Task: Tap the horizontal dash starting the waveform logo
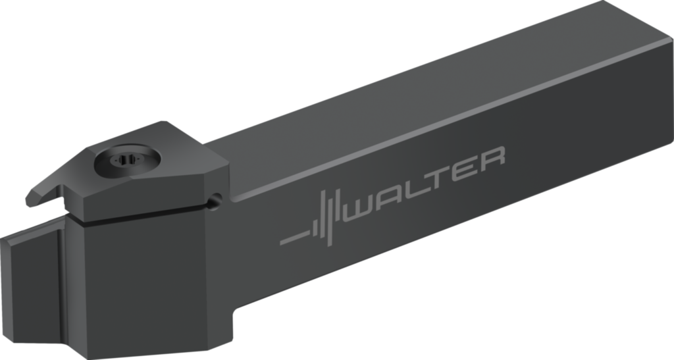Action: (x=293, y=238)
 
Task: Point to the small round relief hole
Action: (x=213, y=203)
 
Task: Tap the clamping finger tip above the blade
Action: (x=34, y=198)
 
